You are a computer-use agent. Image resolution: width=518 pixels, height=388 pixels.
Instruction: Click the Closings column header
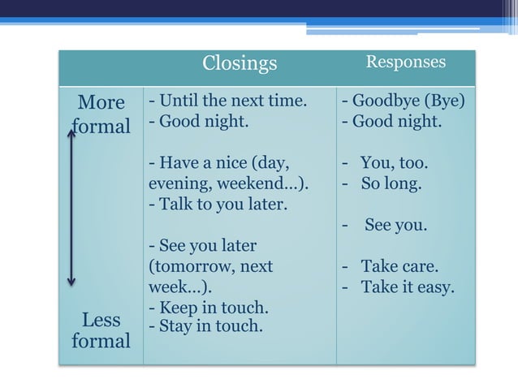pyautogui.click(x=240, y=63)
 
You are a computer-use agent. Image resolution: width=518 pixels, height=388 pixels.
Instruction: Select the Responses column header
pyautogui.click(x=405, y=62)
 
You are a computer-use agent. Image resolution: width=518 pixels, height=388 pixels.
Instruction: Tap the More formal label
pyautogui.click(x=101, y=114)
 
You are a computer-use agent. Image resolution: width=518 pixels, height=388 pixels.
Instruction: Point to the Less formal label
pyautogui.click(x=101, y=330)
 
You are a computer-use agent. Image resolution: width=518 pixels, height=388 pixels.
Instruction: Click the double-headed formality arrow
pyautogui.click(x=71, y=208)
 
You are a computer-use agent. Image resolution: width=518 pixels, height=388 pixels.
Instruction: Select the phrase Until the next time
pyautogui.click(x=228, y=102)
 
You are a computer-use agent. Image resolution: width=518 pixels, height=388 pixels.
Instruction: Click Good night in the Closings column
pyautogui.click(x=198, y=123)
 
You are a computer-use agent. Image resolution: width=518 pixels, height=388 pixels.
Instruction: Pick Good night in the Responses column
pyautogui.click(x=392, y=123)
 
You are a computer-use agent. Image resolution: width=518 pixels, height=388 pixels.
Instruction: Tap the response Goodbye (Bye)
pyautogui.click(x=404, y=102)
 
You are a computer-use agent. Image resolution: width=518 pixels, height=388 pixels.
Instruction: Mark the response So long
pyautogui.click(x=391, y=183)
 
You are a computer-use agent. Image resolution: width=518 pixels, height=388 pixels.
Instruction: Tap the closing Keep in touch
pyautogui.click(x=209, y=309)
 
